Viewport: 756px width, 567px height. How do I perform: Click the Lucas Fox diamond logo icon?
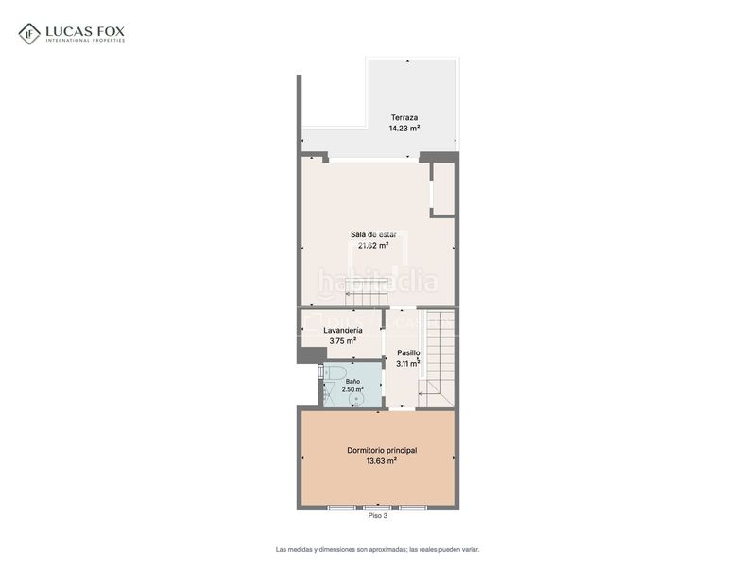[29, 34]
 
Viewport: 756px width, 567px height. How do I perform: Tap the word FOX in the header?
[111, 32]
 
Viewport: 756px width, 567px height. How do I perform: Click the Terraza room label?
[404, 117]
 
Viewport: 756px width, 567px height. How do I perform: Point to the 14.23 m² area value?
[404, 129]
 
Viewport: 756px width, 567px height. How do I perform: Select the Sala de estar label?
[373, 234]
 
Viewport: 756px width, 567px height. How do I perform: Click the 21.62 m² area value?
[373, 246]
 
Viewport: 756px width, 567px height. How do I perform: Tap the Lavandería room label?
[343, 330]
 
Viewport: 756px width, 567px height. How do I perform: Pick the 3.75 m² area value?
[343, 341]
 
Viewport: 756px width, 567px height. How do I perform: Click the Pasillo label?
[408, 352]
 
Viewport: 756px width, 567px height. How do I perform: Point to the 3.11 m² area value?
[408, 364]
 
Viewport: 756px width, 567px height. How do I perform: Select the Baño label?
[352, 382]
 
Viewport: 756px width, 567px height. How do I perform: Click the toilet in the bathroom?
[334, 372]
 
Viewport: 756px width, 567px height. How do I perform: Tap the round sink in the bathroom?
[358, 399]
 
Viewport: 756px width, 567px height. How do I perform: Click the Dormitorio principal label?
[382, 451]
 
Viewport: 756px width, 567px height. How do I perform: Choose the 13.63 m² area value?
[382, 461]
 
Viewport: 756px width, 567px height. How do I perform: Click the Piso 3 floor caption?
[377, 515]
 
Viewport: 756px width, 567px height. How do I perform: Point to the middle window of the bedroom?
[377, 507]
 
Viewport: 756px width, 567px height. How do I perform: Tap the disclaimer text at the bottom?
[377, 549]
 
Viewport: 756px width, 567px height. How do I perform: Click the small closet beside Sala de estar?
[443, 188]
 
